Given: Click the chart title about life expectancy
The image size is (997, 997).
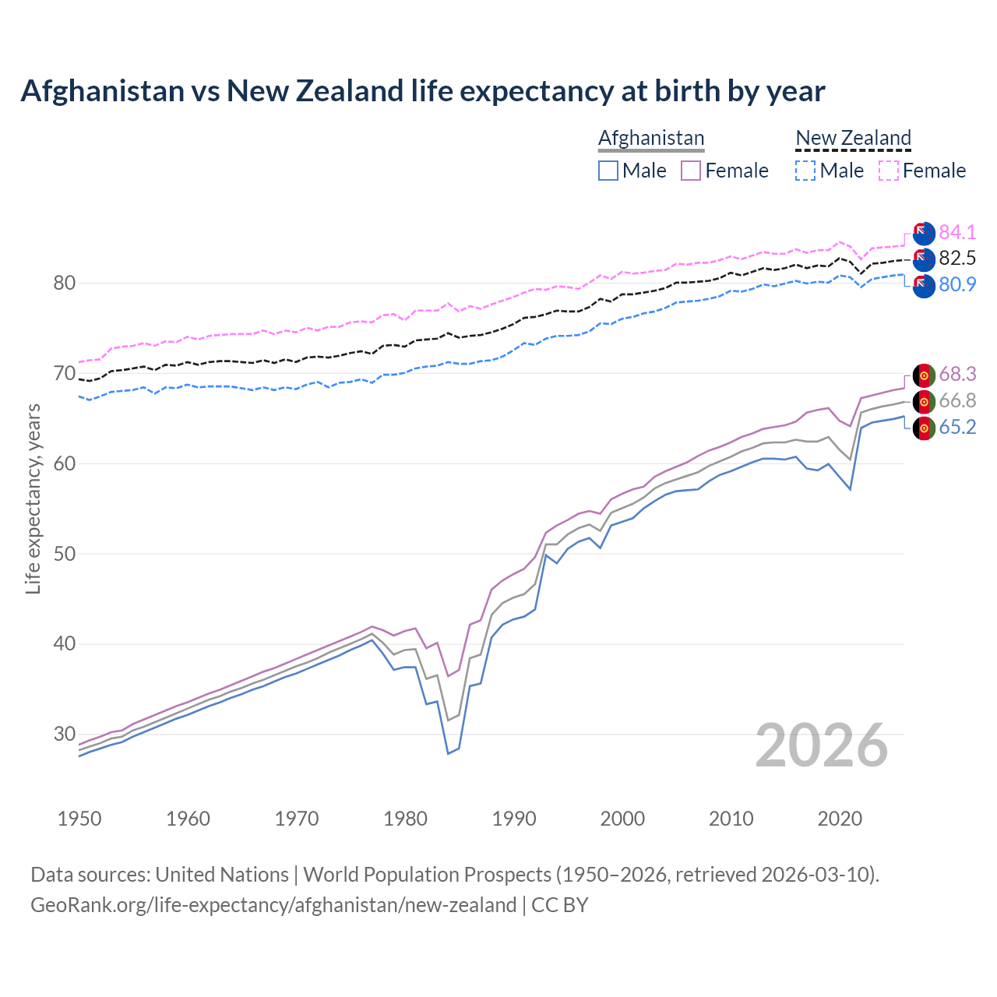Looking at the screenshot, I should pos(422,91).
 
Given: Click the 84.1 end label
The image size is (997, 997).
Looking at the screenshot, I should pos(957,232).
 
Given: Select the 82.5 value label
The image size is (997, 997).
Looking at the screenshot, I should pos(957,258).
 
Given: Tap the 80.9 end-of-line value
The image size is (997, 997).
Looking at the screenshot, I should pos(957,284).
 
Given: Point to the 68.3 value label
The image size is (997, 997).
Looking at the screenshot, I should pos(957,374).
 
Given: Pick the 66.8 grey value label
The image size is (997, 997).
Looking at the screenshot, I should pos(957,400).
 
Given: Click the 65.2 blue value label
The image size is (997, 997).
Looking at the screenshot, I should pos(957,427).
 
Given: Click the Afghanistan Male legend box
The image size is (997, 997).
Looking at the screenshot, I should pos(608,171).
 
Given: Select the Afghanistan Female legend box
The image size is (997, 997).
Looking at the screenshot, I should pos(691,171).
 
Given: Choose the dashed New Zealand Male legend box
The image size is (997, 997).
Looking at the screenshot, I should pos(805,171).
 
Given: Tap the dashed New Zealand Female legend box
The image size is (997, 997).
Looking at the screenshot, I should pos(889,171).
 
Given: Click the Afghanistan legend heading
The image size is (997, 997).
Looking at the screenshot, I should pos(651,138).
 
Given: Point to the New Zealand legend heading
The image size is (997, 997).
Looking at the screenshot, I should pos(853,138).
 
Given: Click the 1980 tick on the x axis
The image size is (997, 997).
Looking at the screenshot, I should pos(405,819).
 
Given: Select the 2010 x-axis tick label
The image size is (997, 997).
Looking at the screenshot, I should pos(731,819).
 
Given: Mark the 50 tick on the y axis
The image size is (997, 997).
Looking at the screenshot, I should pos(64,554).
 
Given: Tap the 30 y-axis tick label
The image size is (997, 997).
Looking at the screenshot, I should pos(64,734).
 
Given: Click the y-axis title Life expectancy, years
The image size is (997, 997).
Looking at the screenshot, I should pos(33,498).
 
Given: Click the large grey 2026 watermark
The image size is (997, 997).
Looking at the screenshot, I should pos(822,745).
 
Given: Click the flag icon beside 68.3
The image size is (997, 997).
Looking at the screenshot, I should pos(924,375).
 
